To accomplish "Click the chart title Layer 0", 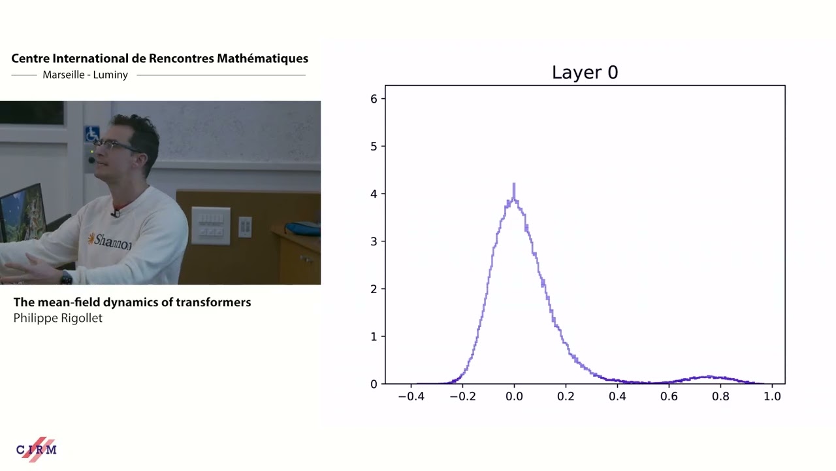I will tap(585, 73).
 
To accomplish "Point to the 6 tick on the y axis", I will tap(374, 99).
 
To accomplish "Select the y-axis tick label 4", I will tap(374, 194).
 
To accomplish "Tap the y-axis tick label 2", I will tap(374, 289).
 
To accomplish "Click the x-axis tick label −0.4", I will tap(410, 396).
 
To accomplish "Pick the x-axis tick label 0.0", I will tap(514, 396).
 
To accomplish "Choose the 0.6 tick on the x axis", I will tap(669, 396).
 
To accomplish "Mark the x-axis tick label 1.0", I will tap(772, 396).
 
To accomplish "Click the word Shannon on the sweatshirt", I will tap(112, 241).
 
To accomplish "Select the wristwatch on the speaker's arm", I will tap(66, 278).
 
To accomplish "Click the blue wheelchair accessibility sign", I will tap(91, 134).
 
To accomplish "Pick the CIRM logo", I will tap(37, 449).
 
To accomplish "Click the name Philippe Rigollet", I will tap(58, 319).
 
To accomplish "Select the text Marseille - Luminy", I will tap(85, 75).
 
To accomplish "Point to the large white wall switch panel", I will tap(210, 225).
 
